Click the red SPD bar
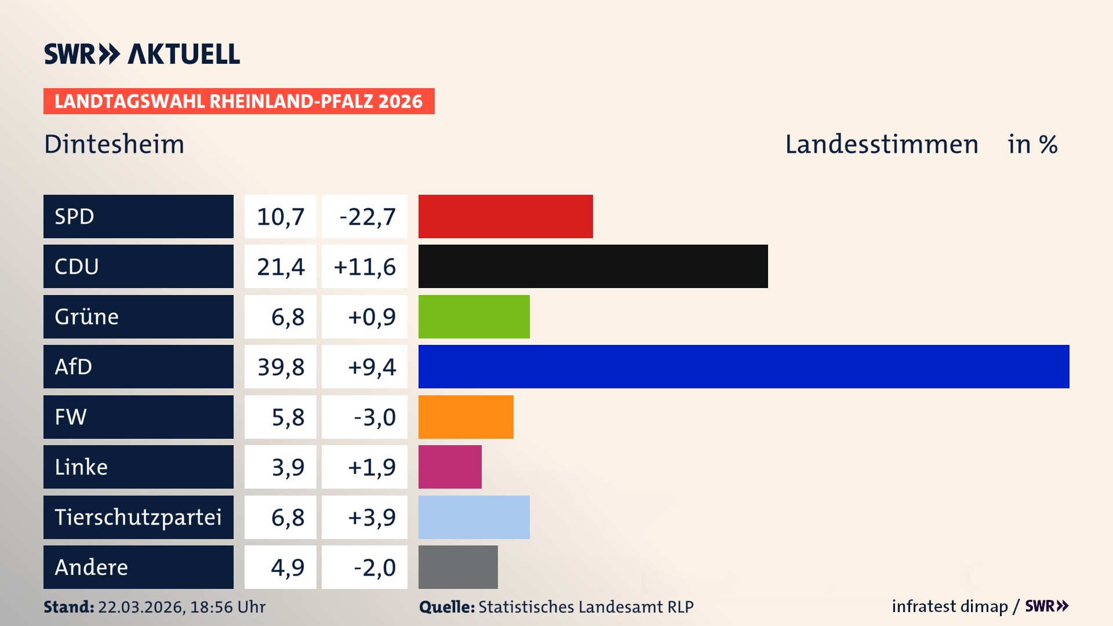tap(505, 216)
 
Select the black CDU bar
tap(593, 266)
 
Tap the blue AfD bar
tap(744, 366)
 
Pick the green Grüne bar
tap(474, 316)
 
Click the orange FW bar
tap(465, 417)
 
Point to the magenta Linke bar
tap(450, 467)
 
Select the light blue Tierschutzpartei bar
tap(474, 517)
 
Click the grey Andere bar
tap(458, 567)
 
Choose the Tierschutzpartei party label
tap(138, 517)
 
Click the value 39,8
tap(281, 367)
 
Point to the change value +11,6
tap(365, 267)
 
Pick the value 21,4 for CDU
tap(281, 267)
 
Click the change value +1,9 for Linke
tap(371, 467)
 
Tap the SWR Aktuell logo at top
tap(141, 54)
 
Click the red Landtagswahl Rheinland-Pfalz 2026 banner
tap(238, 101)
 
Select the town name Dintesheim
tap(114, 144)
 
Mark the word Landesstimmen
tap(881, 144)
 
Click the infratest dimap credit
tap(950, 606)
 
